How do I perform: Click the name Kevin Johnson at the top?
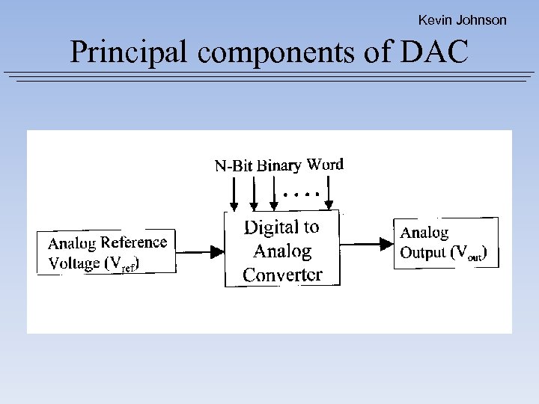pyautogui.click(x=462, y=20)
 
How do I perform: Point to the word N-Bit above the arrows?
pyautogui.click(x=234, y=166)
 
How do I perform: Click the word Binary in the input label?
pyautogui.click(x=278, y=166)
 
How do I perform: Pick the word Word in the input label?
pyautogui.click(x=325, y=164)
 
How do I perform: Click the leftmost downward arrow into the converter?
pyautogui.click(x=234, y=197)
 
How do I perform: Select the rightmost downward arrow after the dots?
pyautogui.click(x=328, y=197)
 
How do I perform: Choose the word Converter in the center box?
pyautogui.click(x=282, y=275)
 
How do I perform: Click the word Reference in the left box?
pyautogui.click(x=134, y=242)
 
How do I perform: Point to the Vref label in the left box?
pyautogui.click(x=123, y=263)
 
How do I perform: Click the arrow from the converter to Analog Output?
pyautogui.click(x=367, y=242)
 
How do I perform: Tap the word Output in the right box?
pyautogui.click(x=423, y=253)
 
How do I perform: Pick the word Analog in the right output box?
pyautogui.click(x=425, y=233)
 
